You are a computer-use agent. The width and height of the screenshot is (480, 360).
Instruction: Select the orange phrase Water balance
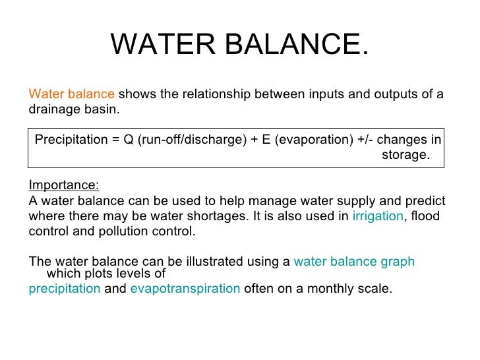72,94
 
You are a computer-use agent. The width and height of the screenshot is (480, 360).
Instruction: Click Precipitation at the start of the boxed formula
69,139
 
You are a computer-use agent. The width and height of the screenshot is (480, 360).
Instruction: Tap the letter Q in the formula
127,139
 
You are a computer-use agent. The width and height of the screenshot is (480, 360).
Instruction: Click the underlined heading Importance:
65,185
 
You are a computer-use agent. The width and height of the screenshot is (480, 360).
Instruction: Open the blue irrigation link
377,216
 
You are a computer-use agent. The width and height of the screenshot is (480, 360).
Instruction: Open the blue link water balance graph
354,262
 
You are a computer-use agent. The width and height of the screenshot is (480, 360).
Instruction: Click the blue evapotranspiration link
185,289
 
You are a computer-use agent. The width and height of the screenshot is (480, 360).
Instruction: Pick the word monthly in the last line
338,289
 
